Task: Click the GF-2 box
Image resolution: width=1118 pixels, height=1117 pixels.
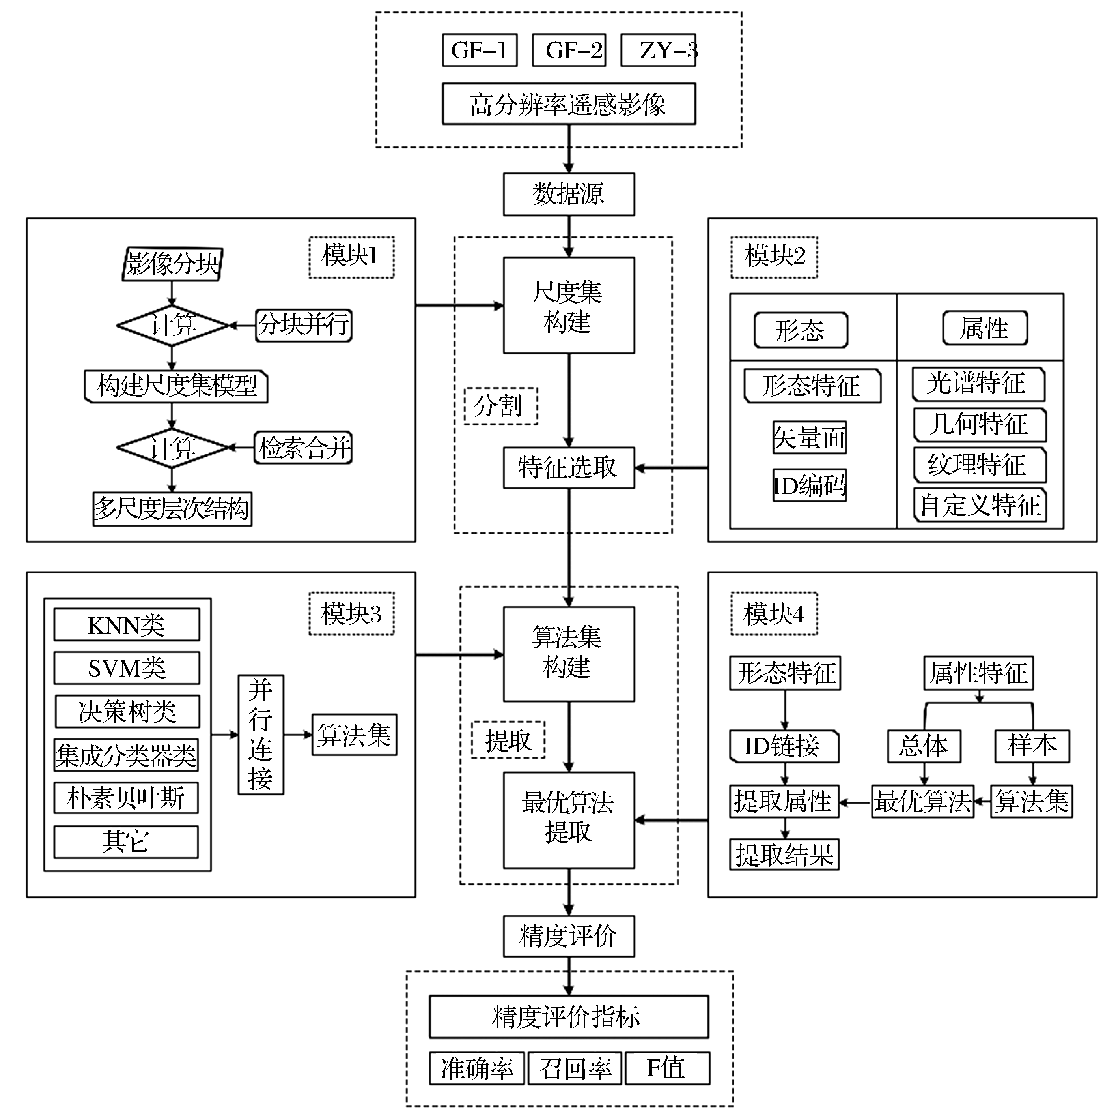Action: click(x=569, y=51)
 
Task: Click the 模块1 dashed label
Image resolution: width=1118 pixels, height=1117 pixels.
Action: click(x=351, y=257)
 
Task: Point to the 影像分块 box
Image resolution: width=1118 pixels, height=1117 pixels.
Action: click(x=172, y=264)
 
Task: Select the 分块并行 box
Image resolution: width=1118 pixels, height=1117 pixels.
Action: click(x=304, y=325)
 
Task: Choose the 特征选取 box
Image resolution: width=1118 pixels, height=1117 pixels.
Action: click(x=569, y=468)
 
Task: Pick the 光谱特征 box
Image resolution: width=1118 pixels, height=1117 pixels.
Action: click(x=978, y=384)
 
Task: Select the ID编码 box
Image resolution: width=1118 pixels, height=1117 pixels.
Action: click(x=810, y=485)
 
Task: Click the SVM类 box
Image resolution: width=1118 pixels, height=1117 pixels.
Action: click(x=127, y=668)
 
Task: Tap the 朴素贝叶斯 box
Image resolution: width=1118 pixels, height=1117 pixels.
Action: click(x=126, y=798)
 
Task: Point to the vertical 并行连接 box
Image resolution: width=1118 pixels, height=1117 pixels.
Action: click(x=261, y=734)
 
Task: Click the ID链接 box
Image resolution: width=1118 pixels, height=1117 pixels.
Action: click(x=784, y=746)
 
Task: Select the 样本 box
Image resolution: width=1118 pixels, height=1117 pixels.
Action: click(x=1032, y=746)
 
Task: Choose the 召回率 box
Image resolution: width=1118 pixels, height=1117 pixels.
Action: click(x=575, y=1069)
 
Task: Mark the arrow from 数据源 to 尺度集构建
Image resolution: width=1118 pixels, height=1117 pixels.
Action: click(x=569, y=236)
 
